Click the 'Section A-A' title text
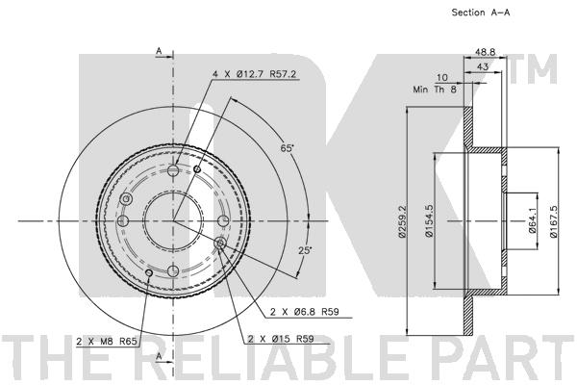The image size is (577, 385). (x=481, y=13)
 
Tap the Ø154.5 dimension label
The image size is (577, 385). (x=428, y=220)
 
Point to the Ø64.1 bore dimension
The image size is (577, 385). (x=533, y=220)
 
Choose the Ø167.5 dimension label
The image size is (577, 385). (x=554, y=220)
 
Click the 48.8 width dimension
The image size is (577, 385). (x=485, y=52)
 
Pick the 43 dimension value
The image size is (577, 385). (x=483, y=66)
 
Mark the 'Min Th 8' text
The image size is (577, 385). (x=435, y=90)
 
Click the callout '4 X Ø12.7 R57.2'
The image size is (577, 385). (x=254, y=74)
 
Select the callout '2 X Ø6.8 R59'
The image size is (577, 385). (x=305, y=312)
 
